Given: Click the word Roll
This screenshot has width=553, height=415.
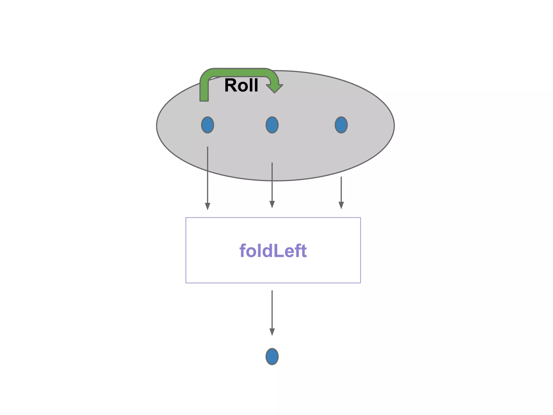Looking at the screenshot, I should (x=241, y=85).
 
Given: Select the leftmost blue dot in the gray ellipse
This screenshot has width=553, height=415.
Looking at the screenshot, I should (x=207, y=125).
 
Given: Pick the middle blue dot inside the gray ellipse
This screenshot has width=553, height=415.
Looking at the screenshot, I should (x=272, y=125).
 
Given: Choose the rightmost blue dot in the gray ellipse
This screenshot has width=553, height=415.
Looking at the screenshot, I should (x=341, y=125).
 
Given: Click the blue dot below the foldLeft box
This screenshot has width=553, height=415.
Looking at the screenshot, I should (x=272, y=356).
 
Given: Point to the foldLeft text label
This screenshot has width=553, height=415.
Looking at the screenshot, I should (x=273, y=251).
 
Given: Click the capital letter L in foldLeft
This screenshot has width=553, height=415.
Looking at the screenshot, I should (x=279, y=251).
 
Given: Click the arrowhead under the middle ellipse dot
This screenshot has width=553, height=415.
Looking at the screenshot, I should (x=272, y=205).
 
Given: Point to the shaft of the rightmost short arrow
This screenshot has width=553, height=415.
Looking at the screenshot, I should (x=341, y=189).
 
